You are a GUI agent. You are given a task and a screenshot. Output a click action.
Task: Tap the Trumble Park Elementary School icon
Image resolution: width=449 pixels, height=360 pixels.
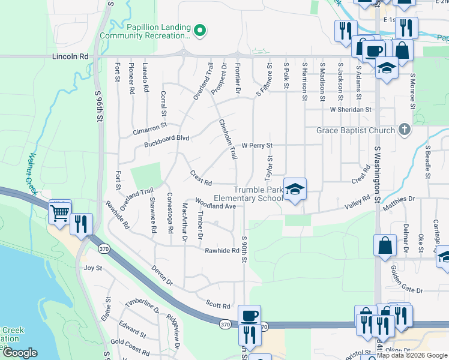[x=295, y=190]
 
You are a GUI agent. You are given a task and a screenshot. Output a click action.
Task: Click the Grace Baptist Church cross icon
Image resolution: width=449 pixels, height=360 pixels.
[x=405, y=130]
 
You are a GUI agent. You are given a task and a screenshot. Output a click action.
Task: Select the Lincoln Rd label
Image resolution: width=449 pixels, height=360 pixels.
[x=70, y=56]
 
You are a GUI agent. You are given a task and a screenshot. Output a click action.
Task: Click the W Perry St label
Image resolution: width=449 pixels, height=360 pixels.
[x=257, y=145]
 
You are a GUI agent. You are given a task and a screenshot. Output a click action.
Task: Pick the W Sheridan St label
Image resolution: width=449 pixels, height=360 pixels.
[x=352, y=110]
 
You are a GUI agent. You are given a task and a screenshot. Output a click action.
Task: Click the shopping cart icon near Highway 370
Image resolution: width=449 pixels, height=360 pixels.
[x=60, y=212]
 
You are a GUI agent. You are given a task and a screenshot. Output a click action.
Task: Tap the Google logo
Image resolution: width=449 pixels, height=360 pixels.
[x=20, y=353]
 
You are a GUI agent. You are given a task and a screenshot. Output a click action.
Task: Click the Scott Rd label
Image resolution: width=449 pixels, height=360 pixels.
[x=218, y=305]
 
